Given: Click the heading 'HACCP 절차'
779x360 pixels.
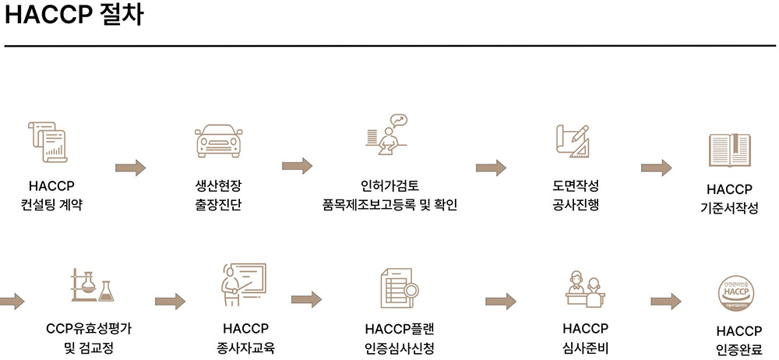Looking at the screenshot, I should pos(74,16).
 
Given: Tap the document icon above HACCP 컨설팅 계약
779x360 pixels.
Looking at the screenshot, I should pos(48,142).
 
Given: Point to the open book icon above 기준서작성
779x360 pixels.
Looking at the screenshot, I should pos(729,148).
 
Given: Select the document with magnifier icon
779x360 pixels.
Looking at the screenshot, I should pos(399,287).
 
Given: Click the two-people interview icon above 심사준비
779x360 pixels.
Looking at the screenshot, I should pos(584,288).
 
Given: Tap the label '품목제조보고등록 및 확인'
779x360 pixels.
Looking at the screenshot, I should pos(389,206).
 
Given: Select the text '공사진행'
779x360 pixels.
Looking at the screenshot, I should pos(575,206).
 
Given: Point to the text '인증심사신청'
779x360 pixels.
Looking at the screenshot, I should pos(398,348).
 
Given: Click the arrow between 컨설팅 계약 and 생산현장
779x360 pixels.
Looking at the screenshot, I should pos(130,168).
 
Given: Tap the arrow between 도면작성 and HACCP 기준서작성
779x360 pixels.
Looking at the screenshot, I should pos(656,168).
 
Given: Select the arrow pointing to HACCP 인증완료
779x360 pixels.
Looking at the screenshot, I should pos(666,301).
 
